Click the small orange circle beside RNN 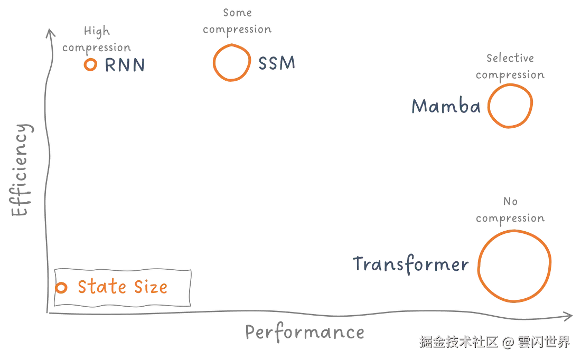coord(91,65)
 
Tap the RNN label coord(125,65)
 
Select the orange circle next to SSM coord(230,62)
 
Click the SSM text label coord(276,63)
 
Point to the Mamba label coord(446,107)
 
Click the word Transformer coord(410,263)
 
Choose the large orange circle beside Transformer coord(514,266)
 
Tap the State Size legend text coord(123,288)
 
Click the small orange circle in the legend coord(62,288)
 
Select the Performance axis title coord(305,333)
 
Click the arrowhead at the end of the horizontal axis coord(569,316)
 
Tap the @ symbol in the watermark coord(508,342)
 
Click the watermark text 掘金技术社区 coord(458,342)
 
